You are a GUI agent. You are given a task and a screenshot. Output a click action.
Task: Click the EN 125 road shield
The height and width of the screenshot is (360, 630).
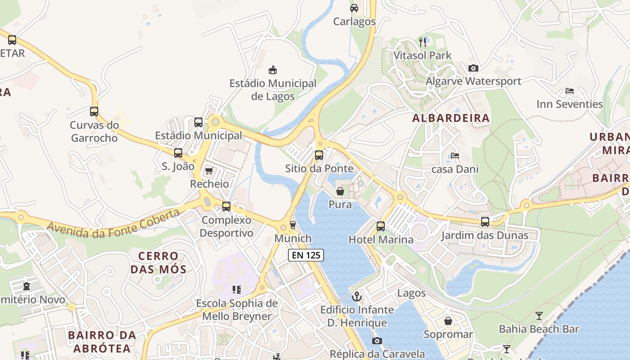pos(306,255)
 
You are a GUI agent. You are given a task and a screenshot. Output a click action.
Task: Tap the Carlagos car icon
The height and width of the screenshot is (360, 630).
pos(354,8)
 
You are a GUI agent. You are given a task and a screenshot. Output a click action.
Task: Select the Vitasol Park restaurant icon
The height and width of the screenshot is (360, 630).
pos(423,42)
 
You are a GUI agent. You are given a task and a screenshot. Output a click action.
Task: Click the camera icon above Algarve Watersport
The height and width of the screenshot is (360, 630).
pos(473,68)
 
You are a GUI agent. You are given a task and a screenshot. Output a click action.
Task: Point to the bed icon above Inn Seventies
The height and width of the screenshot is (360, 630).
pos(569,91)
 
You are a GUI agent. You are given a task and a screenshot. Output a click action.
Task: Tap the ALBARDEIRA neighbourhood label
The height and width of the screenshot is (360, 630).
pos(451,118)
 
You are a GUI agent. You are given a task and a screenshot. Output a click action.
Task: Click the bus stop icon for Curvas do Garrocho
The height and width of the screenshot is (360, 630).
pos(94,112)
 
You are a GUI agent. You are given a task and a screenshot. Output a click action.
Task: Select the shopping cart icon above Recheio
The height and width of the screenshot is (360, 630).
pos(209,171)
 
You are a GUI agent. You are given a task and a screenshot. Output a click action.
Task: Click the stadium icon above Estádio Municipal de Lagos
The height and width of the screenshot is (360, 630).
pos(273,70)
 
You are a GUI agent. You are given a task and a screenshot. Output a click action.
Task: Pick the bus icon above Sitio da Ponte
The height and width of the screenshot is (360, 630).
pos(319,155)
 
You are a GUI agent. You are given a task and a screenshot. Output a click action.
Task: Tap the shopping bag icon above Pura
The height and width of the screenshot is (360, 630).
pos(340,191)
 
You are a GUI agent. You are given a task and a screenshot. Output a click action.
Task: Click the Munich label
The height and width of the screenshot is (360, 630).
pos(293,238)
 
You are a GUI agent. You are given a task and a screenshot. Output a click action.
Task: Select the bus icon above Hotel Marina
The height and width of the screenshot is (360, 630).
pos(381,226)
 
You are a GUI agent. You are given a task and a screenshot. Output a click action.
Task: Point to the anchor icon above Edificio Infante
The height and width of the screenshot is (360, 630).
pos(357,297)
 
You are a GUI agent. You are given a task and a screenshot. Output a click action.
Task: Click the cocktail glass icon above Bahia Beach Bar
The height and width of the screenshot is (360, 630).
pos(539,315)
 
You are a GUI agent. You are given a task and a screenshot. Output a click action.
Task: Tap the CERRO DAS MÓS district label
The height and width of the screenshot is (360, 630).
pos(158,263)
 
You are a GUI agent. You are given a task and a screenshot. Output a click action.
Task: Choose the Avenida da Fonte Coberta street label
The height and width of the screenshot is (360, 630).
pos(113,221)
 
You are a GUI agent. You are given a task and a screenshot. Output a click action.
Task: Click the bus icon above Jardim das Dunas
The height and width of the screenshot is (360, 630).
pos(485,221)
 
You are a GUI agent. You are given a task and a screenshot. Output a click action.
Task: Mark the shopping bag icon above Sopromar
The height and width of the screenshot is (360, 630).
pos(448,321)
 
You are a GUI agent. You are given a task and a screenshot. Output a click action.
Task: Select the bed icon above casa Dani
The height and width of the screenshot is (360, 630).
pos(455,156)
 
